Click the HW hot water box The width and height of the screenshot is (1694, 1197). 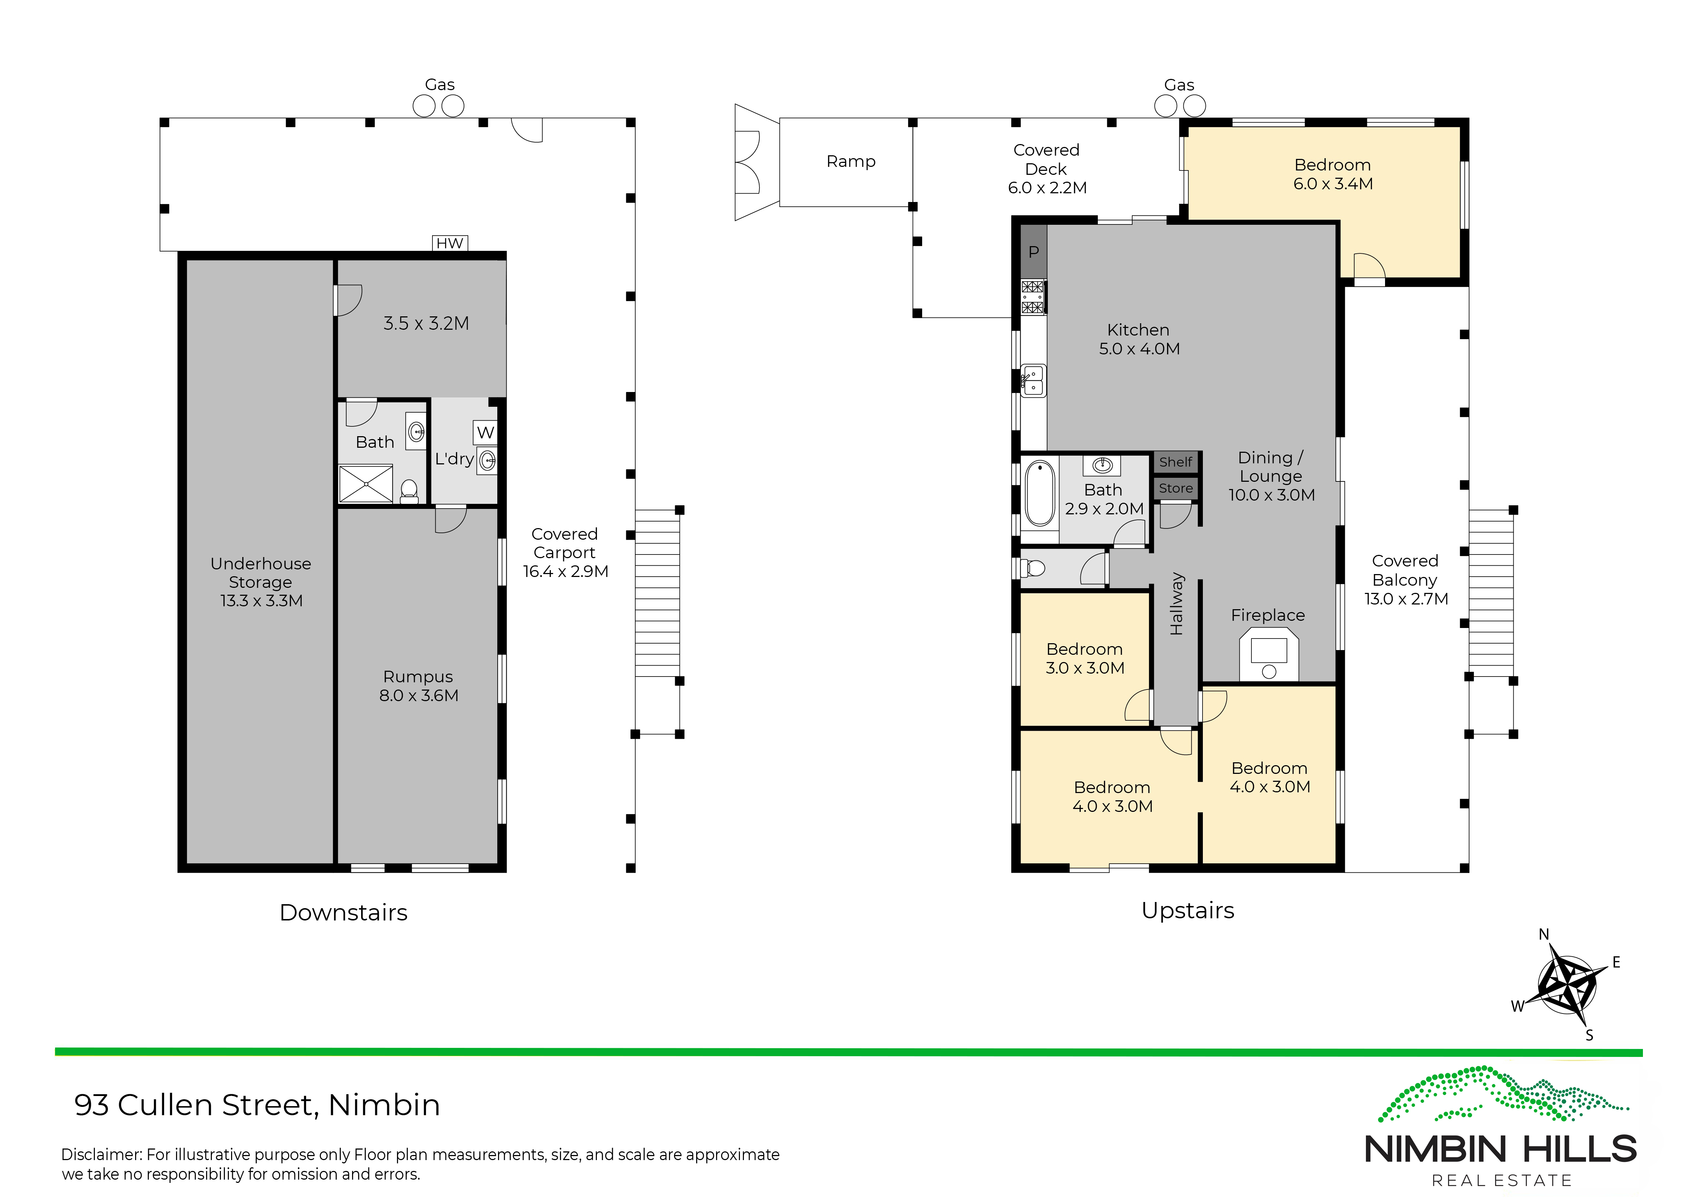click(x=450, y=243)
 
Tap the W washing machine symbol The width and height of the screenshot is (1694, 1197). click(x=485, y=432)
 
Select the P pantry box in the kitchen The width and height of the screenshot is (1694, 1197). click(x=1034, y=252)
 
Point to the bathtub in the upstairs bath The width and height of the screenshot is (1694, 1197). click(x=1040, y=493)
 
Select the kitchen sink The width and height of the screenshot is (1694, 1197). click(x=1034, y=380)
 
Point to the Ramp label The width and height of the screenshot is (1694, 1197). click(x=851, y=161)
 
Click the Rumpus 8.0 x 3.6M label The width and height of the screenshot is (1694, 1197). click(x=418, y=686)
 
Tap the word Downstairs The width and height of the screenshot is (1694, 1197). click(x=343, y=912)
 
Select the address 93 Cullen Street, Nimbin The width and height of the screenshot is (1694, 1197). click(x=257, y=1105)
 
